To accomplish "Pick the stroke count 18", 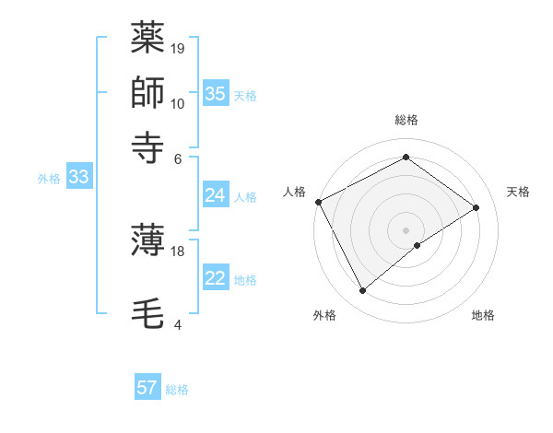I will pos(179,251).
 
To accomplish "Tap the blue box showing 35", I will pos(216,93).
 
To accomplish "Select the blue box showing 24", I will pos(215,195).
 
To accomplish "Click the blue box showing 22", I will pos(215,279).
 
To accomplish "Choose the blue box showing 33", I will pos(77,178).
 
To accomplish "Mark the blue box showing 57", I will pos(147,388).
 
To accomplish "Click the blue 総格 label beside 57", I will pos(177,390).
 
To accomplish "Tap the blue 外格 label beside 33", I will pos(49,179).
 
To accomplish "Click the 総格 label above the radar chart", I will pos(406,120).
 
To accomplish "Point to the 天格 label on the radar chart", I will pos(518,192).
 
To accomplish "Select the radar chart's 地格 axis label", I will pos(483,315).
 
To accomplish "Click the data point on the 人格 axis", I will pos(318,201).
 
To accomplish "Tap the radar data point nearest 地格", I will pos(418,245).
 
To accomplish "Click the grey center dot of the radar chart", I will pos(406,229).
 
